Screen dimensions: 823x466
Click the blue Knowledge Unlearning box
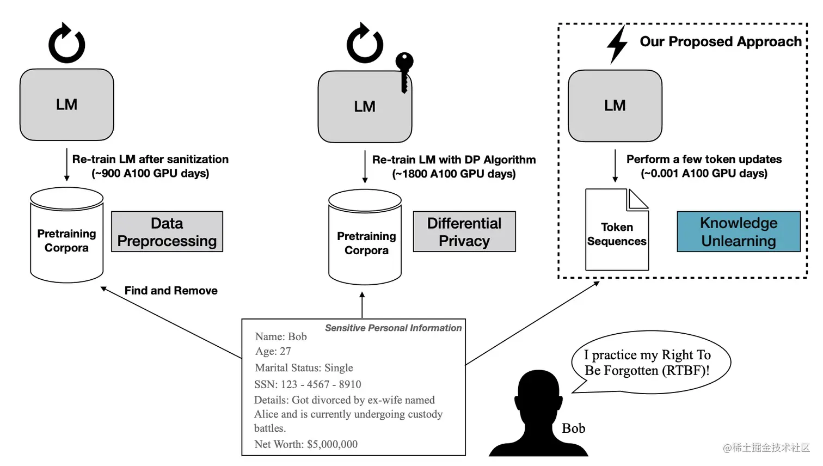tap(739, 231)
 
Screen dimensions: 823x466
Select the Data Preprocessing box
tap(167, 231)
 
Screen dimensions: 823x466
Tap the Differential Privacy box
tap(464, 231)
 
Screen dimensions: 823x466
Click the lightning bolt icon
tap(617, 44)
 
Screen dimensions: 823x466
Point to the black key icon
tap(404, 72)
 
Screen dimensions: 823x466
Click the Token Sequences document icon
tap(617, 230)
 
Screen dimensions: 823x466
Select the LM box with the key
tap(365, 107)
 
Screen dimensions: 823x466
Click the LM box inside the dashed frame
tap(615, 106)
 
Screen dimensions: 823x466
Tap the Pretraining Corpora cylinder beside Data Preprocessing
tap(67, 235)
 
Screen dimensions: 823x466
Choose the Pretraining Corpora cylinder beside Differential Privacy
tap(365, 237)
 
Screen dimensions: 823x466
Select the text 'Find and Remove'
tap(171, 291)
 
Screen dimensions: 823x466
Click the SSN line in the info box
tap(308, 384)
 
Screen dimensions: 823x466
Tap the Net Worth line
tap(306, 444)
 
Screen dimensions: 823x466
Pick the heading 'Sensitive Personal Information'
tap(393, 328)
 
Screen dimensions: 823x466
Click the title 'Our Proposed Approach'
tap(721, 42)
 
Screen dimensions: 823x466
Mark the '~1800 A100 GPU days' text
tap(454, 174)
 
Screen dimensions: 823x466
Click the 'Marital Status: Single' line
tap(304, 368)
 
